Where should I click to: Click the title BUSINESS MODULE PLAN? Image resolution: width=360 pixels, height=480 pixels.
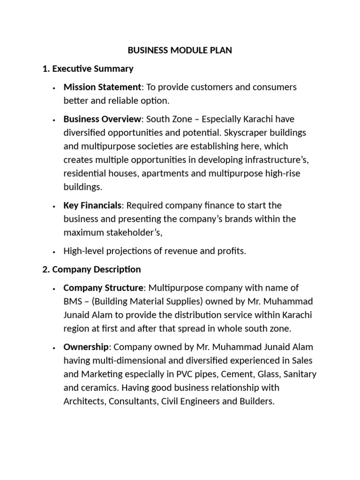(180, 51)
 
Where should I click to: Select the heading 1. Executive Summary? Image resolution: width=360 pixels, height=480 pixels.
(88, 69)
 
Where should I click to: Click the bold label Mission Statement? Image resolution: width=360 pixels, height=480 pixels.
(102, 87)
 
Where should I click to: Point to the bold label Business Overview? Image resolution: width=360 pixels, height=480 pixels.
(102, 119)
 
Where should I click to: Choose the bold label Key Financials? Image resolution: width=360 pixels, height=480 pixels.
(93, 205)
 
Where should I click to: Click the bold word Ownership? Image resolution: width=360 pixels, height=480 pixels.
(86, 347)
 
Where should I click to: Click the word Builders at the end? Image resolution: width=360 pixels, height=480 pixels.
(255, 402)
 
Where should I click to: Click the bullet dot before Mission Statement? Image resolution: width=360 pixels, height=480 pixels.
(55, 88)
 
